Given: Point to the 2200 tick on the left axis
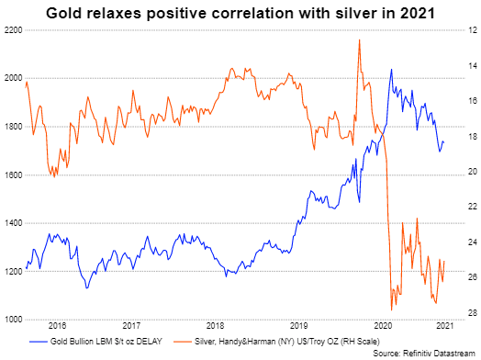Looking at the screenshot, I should click(x=13, y=30).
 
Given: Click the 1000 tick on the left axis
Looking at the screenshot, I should click(x=13, y=320).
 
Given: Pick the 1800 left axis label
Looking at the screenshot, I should click(x=13, y=127).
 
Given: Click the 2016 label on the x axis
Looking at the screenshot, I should click(x=57, y=326).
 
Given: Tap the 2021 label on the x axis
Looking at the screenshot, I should click(x=443, y=326).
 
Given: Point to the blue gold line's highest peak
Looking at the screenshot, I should click(x=392, y=69).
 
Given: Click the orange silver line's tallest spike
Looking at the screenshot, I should click(x=358, y=39).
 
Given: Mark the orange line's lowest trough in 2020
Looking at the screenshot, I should click(x=393, y=309).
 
